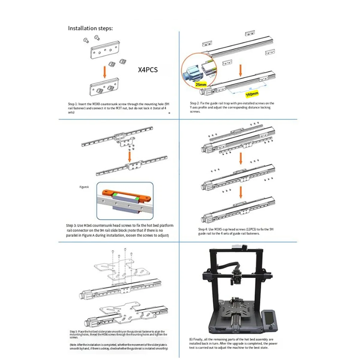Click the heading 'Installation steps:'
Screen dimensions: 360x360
pos(90,28)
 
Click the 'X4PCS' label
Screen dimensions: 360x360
pos(148,70)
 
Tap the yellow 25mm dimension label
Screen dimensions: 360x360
pos(201,85)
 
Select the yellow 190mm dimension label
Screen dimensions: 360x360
pos(252,94)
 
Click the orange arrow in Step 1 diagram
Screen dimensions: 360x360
pos(105,72)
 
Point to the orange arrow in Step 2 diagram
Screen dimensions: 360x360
pos(240,70)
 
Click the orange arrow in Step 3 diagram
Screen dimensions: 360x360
pos(129,156)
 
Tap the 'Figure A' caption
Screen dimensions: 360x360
pos(84,187)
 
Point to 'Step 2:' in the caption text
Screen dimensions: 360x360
pos(195,103)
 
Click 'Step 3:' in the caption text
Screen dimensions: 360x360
pos(71,225)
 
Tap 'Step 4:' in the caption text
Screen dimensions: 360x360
pos(203,229)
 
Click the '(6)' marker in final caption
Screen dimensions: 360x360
pos(191,339)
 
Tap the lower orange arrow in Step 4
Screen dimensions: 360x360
pos(241,192)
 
